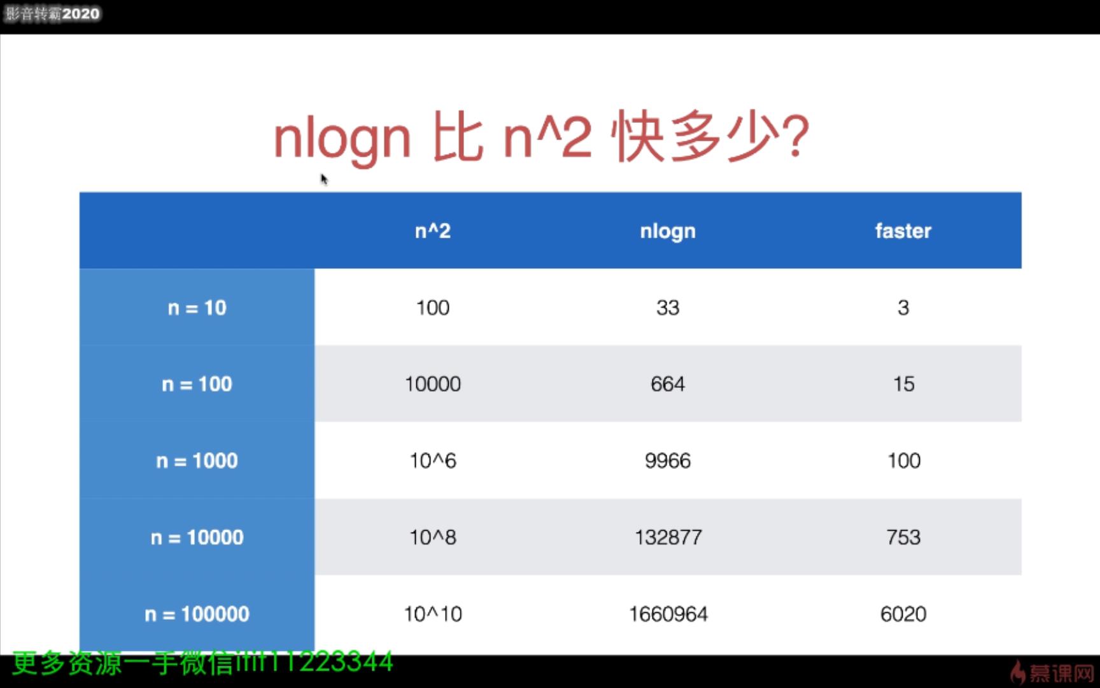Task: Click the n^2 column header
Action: point(433,231)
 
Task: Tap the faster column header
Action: point(903,231)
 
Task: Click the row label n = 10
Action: point(197,308)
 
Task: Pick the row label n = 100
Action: point(197,384)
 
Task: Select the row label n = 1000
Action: point(197,461)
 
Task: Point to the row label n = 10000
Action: point(197,537)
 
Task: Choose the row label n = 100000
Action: point(197,614)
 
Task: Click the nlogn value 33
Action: point(668,308)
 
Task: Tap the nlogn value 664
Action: point(668,384)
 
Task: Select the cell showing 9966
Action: point(668,461)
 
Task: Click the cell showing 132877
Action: point(668,537)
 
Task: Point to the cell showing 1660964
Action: point(668,614)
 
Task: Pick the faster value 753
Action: point(903,537)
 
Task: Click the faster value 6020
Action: point(903,614)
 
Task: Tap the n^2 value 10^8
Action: point(433,537)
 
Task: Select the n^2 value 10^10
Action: point(433,614)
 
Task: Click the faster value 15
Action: point(903,384)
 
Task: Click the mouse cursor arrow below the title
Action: point(323,179)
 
